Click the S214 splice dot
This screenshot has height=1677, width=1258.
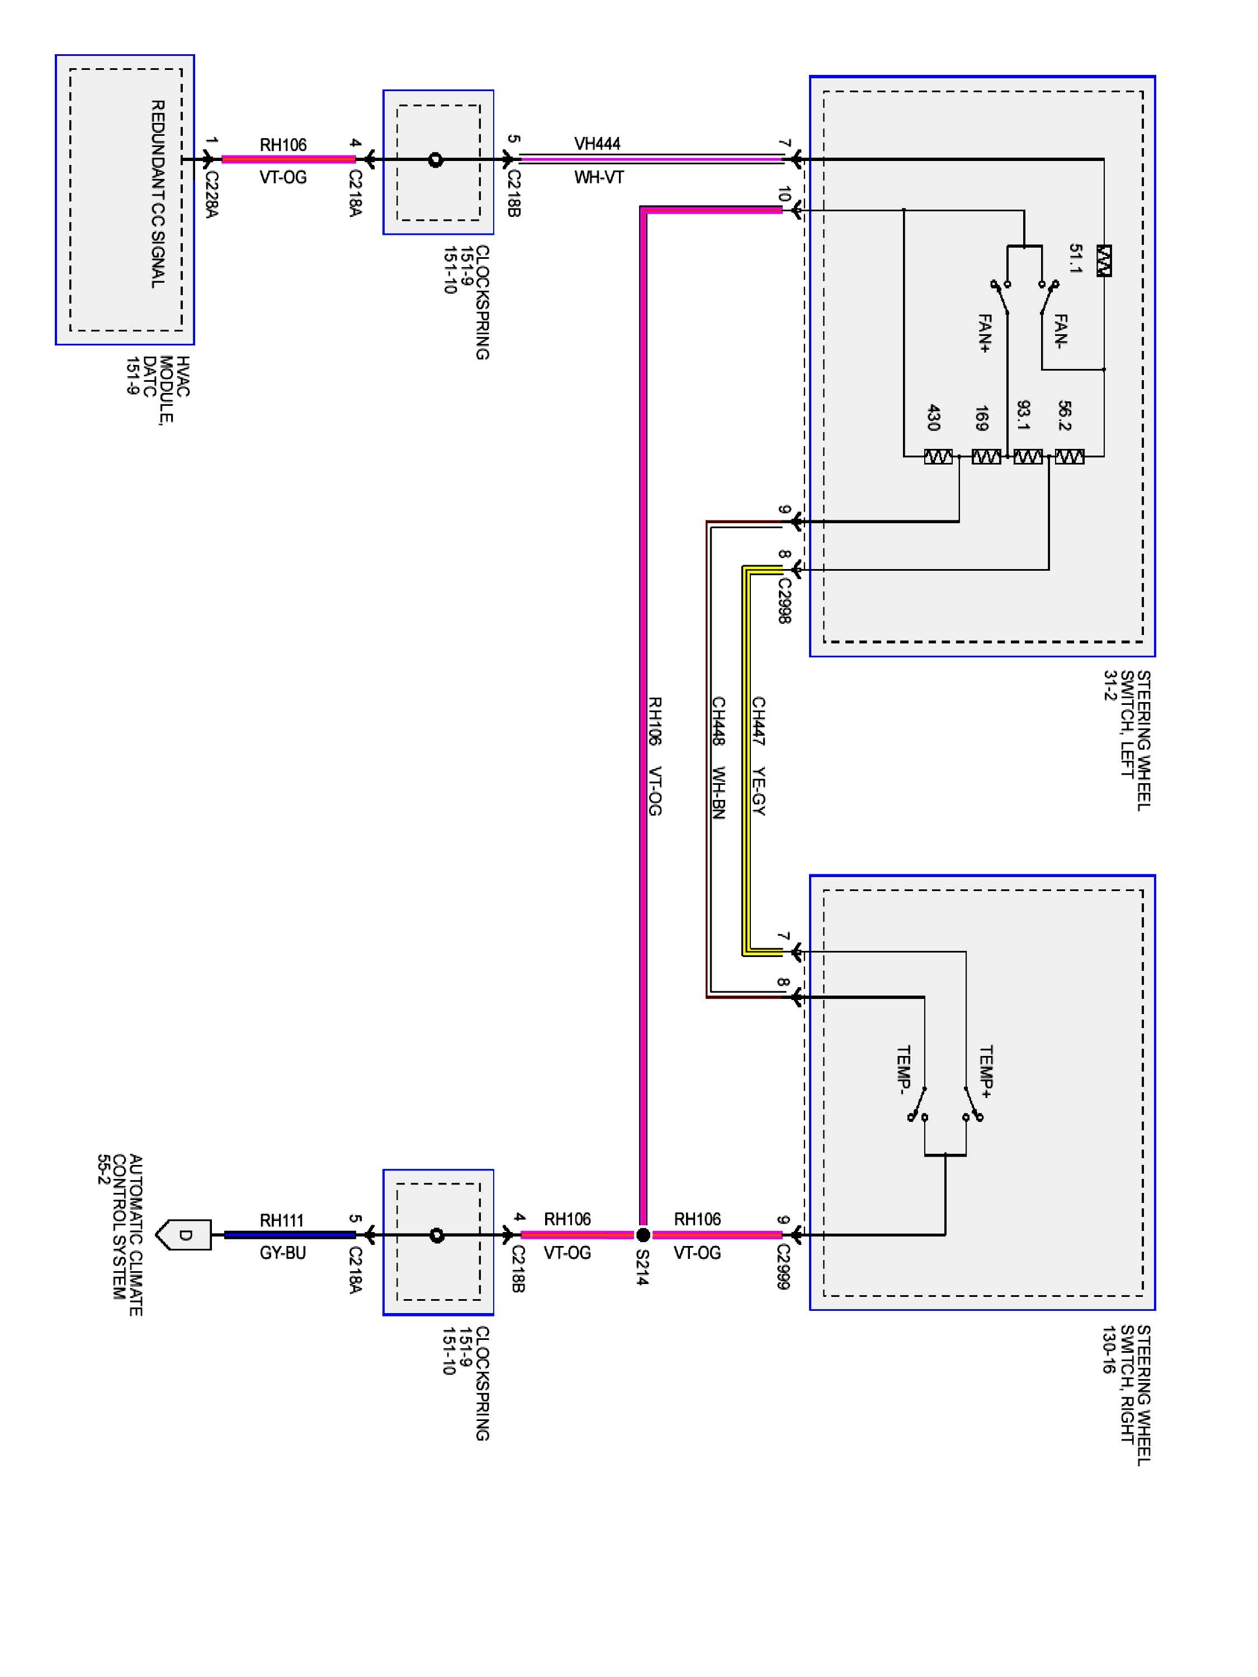(642, 1235)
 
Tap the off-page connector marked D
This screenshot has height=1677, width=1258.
(183, 1235)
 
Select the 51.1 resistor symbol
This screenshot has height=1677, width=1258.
(1104, 260)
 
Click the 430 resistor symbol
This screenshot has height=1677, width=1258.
(938, 456)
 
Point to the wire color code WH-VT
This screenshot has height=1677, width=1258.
(598, 177)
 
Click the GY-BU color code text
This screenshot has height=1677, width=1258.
(283, 1253)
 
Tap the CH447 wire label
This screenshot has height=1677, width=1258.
(758, 721)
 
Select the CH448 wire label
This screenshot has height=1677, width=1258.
(718, 721)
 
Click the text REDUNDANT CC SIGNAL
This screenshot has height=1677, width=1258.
(158, 194)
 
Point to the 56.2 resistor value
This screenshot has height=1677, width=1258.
(1064, 415)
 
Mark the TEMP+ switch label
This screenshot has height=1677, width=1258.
(986, 1071)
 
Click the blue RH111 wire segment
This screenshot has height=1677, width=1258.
(290, 1235)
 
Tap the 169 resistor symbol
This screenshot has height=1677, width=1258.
(986, 456)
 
